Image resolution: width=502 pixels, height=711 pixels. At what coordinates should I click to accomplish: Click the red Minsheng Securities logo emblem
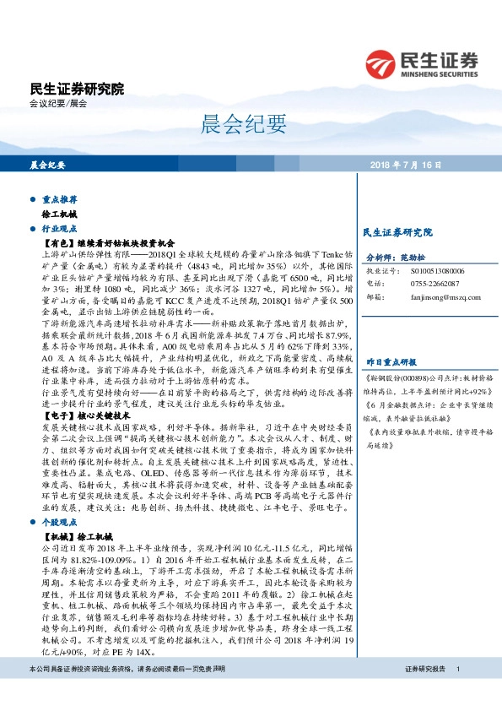click(382, 64)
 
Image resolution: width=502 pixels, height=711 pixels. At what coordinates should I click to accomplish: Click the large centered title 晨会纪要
click(251, 125)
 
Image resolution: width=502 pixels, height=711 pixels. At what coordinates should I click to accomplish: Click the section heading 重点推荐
click(60, 200)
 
